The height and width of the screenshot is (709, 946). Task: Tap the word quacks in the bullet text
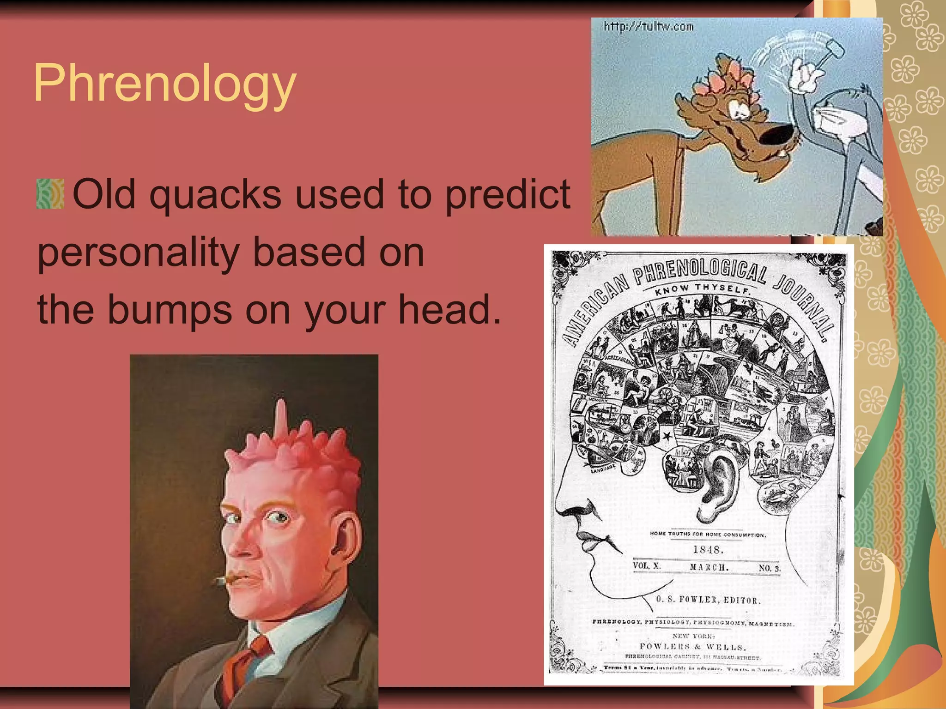coord(215,194)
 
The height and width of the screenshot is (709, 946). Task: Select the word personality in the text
coord(138,253)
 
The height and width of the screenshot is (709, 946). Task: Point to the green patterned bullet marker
coord(50,194)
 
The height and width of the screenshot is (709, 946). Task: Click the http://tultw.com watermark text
coord(648,27)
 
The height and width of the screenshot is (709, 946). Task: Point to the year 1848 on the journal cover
coord(708,550)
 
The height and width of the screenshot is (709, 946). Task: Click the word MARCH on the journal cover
coord(709,567)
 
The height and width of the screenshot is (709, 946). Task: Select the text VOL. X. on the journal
coord(647,566)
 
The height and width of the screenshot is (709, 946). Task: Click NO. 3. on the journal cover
coord(769,568)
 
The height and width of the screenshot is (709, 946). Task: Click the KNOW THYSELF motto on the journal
coord(702,288)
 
